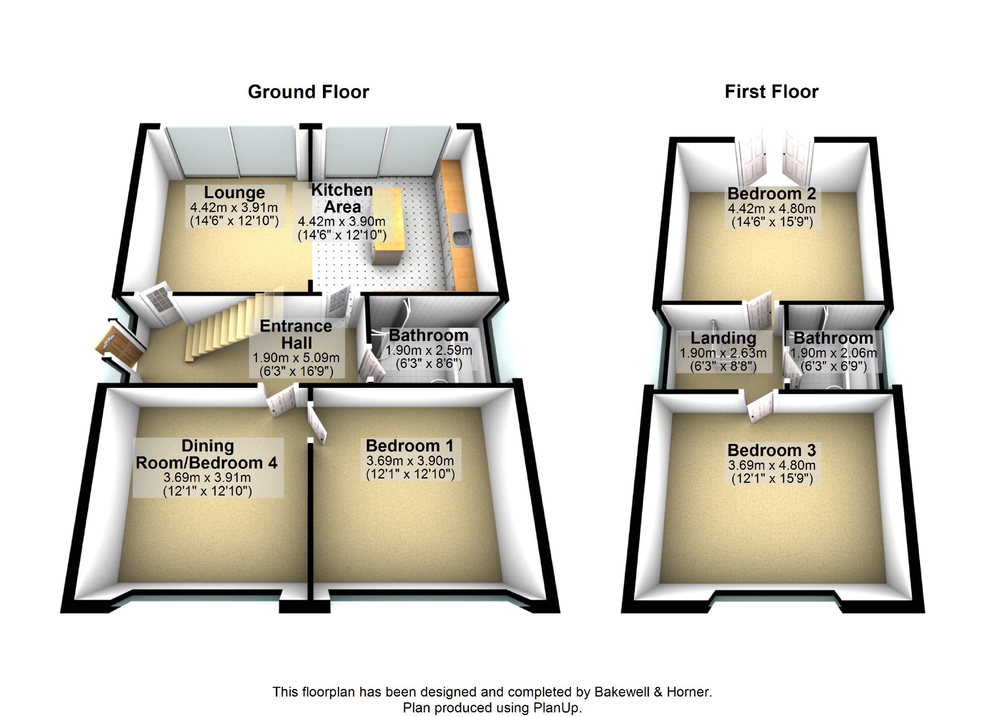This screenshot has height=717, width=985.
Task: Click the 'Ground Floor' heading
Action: (308, 92)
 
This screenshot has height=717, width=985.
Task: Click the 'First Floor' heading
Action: (771, 92)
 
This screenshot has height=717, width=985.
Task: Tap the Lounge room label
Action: (234, 193)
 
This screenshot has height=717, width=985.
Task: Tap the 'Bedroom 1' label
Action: (410, 446)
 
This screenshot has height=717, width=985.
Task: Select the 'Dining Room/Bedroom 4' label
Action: (207, 454)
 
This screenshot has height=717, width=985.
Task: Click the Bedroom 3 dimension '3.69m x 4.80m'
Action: (771, 465)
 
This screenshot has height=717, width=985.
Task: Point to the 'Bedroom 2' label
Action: (771, 194)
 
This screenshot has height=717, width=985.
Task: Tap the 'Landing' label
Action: (723, 338)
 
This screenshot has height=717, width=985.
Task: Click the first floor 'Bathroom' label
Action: (833, 338)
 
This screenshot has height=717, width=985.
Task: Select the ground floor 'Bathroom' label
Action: (429, 335)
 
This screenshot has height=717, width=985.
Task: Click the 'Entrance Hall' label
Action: (296, 334)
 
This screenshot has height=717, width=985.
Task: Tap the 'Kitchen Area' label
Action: (342, 198)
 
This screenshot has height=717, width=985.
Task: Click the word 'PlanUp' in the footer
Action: (555, 707)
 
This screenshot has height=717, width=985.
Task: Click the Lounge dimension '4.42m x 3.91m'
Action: (234, 208)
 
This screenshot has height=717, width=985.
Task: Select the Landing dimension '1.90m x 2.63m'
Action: (723, 353)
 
